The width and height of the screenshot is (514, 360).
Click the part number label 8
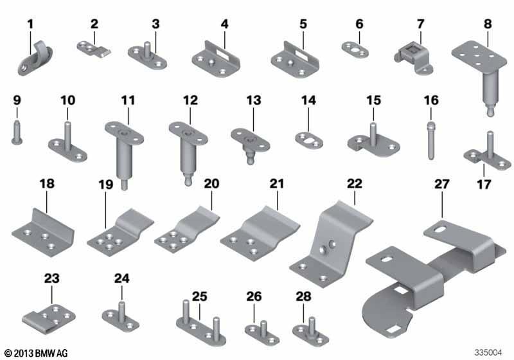point(488,24)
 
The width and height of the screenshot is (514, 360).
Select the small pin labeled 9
point(17,132)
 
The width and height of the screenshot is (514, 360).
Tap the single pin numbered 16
point(431,140)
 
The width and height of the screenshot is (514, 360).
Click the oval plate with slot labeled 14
point(309,140)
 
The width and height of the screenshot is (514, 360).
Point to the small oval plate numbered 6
point(355,50)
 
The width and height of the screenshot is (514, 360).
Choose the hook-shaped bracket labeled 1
point(35,59)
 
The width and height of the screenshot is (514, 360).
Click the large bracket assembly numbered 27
point(436,279)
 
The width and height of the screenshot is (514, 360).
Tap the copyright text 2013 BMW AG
point(36,353)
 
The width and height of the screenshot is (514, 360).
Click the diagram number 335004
point(488,352)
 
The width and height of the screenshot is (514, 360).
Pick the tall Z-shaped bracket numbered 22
point(331,244)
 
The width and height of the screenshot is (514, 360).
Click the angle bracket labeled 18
point(43,233)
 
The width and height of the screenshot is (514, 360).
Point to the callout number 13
point(254,100)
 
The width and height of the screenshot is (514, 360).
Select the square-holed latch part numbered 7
point(413,59)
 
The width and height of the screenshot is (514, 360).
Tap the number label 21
point(277,184)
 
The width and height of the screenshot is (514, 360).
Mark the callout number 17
point(484,184)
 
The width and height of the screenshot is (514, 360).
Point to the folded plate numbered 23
point(49,319)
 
